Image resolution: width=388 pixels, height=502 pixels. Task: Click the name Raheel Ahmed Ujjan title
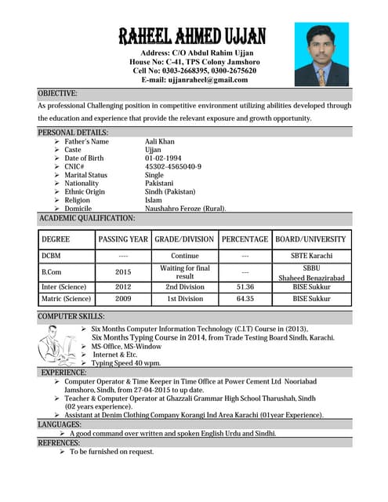tap(192, 35)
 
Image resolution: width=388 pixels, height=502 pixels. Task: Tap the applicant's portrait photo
tap(321, 54)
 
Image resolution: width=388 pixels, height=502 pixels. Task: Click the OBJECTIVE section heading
tap(58, 93)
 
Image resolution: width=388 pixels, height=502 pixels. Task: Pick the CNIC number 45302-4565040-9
tap(173, 166)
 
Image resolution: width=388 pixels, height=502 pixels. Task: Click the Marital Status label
tap(86, 175)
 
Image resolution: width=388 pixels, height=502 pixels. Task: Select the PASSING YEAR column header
tap(123, 239)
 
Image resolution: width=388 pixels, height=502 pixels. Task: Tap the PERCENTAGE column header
tap(245, 239)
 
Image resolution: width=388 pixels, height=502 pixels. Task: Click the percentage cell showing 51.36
tap(245, 287)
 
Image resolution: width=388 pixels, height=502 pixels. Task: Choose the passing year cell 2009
tap(123, 299)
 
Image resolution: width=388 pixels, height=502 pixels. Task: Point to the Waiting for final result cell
tap(185, 271)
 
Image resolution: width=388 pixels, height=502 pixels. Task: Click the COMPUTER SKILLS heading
tap(71, 315)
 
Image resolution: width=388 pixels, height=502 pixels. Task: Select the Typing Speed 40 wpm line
tap(126, 363)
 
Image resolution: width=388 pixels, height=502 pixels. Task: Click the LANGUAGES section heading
tap(59, 424)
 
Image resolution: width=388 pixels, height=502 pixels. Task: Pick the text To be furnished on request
tap(112, 452)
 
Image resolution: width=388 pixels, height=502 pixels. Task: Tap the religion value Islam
tap(154, 200)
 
